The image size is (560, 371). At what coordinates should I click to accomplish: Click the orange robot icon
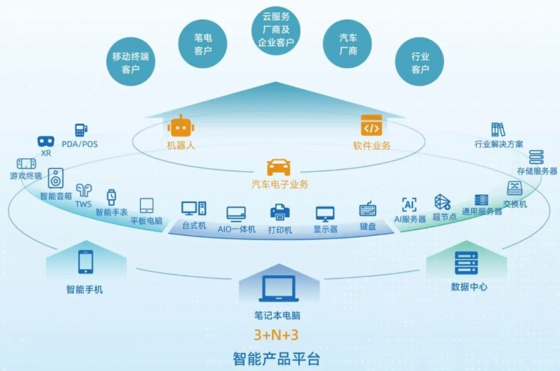(x=181, y=126)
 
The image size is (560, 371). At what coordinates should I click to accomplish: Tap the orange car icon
(x=279, y=167)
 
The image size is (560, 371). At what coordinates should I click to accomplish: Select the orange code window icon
(x=372, y=125)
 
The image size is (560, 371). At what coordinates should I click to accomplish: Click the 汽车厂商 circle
(x=347, y=44)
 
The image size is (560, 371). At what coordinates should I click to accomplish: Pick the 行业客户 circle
(x=419, y=62)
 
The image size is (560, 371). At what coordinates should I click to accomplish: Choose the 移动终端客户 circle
(x=131, y=62)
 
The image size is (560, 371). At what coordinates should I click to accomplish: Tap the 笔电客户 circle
(x=203, y=44)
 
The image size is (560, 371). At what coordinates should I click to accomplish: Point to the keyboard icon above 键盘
(x=368, y=209)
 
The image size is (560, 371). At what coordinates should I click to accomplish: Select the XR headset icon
(x=46, y=141)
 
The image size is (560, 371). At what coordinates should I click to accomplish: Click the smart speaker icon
(x=56, y=178)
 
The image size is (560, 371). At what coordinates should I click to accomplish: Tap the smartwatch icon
(x=111, y=198)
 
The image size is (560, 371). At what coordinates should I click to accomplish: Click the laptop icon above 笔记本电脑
(x=278, y=289)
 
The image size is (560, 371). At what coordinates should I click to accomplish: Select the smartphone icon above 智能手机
(x=85, y=262)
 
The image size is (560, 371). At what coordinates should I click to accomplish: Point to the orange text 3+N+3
(x=276, y=335)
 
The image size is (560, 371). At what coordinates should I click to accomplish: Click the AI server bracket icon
(x=409, y=204)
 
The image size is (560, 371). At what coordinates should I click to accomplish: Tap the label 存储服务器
(x=537, y=171)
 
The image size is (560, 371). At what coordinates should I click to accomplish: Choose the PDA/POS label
(x=80, y=144)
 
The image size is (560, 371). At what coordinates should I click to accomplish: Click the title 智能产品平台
(x=276, y=359)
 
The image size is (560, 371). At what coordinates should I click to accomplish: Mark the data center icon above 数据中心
(x=466, y=263)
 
